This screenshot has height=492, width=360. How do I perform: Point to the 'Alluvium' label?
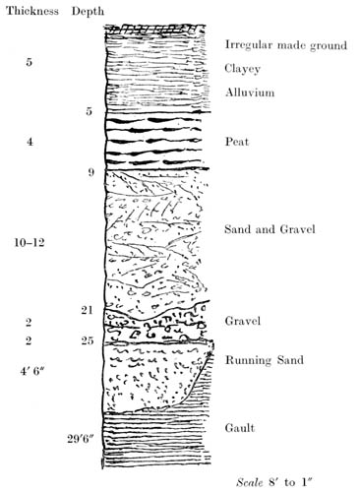click(250, 93)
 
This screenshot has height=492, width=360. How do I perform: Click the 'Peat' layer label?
click(237, 143)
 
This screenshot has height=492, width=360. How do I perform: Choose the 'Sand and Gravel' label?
click(269, 229)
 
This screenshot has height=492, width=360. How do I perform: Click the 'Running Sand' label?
click(264, 359)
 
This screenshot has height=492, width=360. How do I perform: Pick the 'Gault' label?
click(240, 428)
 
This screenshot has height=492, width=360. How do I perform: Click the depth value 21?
click(88, 310)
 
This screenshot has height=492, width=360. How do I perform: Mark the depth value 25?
click(88, 341)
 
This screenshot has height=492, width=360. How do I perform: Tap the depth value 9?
click(90, 173)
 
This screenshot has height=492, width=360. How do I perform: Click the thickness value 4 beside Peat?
click(30, 142)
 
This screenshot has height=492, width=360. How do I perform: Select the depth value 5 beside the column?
click(90, 111)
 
